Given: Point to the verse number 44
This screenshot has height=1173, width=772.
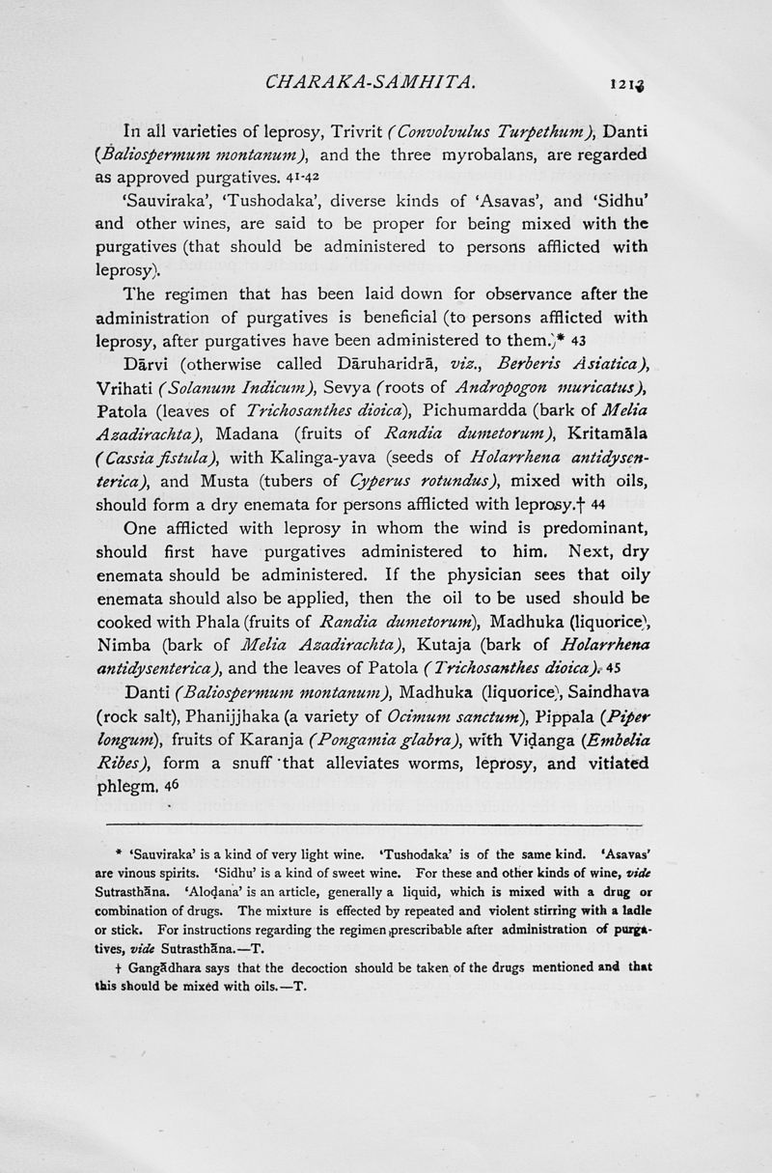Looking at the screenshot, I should (x=597, y=503).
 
